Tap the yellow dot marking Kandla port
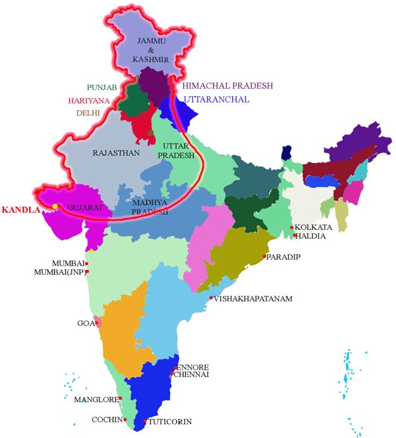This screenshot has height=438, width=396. click(56, 206)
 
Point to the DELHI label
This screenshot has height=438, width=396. click(88, 113)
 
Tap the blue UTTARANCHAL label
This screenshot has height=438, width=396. click(217, 99)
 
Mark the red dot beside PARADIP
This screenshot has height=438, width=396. click(264, 256)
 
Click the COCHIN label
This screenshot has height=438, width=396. click(107, 420)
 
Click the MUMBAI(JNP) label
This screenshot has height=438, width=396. click(58, 272)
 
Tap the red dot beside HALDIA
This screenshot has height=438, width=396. click(293, 236)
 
